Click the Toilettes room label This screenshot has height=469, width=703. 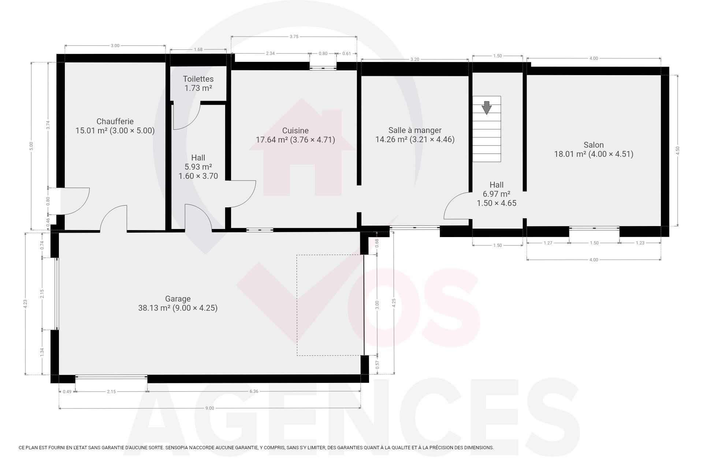198,79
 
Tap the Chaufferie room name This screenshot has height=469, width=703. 115,121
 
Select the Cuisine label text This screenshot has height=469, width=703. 295,130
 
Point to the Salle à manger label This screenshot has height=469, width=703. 415,130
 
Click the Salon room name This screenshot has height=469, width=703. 594,145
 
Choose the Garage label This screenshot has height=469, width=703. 178,299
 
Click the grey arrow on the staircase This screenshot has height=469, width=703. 486,108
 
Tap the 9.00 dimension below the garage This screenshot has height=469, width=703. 209,408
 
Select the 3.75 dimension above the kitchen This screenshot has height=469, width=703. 294,37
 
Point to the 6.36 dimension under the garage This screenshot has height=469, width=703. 254,391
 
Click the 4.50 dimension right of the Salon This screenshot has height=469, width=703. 677,150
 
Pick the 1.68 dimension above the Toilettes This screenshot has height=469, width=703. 198,49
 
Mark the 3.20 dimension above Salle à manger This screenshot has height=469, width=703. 414,59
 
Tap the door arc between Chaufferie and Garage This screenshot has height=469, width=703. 114,213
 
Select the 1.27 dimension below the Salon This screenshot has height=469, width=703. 548,243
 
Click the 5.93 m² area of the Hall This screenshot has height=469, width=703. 198,167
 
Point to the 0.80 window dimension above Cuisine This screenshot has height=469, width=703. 323,53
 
